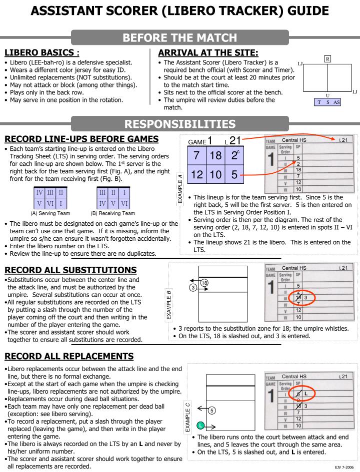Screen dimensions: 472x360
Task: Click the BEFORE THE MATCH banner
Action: tap(180, 37)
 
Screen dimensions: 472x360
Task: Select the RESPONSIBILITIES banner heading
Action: tap(180, 124)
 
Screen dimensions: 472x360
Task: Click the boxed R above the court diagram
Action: tap(327, 58)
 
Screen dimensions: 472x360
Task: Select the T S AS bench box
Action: tap(327, 102)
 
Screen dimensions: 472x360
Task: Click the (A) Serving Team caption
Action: tap(50, 213)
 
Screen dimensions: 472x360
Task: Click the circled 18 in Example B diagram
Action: tap(204, 283)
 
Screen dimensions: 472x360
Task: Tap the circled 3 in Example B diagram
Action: tap(192, 288)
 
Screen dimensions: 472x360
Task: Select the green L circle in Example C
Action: tap(200, 425)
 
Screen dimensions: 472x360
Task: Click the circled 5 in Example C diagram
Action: tap(211, 411)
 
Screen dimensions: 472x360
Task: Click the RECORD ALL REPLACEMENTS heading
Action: tap(69, 356)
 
